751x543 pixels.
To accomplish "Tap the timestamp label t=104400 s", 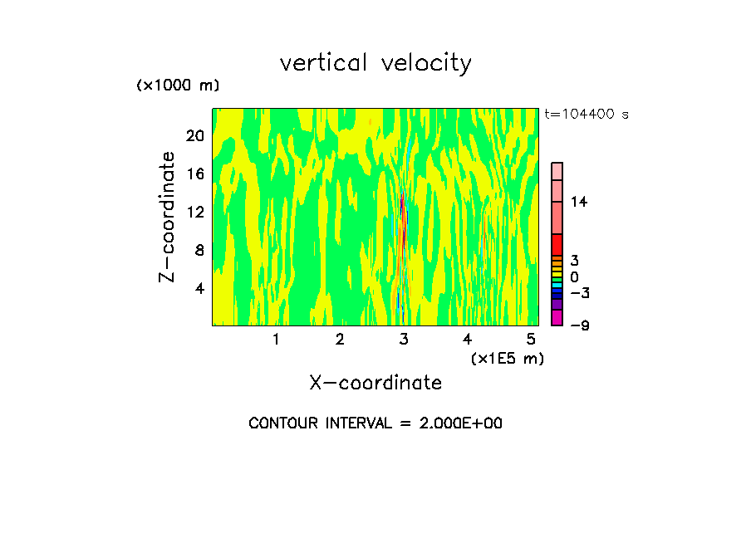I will [x=586, y=115].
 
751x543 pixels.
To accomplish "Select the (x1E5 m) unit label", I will [x=507, y=358].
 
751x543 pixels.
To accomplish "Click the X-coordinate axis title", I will [x=375, y=383].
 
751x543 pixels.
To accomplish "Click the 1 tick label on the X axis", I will [x=276, y=340].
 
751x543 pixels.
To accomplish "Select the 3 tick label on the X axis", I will [x=404, y=340].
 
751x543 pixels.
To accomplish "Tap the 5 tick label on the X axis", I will [x=531, y=340].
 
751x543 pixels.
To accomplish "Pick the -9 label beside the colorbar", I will [x=579, y=325].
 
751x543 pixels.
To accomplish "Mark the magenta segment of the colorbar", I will [x=557, y=317].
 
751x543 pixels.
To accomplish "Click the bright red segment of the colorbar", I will [x=557, y=244].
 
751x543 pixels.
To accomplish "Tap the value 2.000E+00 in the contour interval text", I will [x=456, y=423].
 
